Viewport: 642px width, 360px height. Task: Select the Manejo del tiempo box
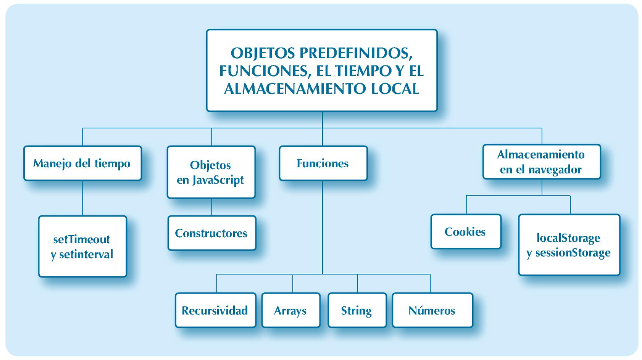click(x=82, y=163)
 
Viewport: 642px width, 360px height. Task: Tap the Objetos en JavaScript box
click(x=211, y=172)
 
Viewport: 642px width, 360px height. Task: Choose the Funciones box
click(x=323, y=163)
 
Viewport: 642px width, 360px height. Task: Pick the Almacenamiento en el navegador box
click(x=541, y=162)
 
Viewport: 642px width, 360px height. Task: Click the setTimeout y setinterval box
click(x=82, y=246)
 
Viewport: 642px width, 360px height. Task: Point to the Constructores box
click(x=211, y=233)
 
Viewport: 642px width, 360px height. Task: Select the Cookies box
click(x=465, y=231)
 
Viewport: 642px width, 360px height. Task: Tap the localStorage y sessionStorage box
click(x=569, y=245)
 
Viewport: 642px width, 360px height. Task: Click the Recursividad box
click(x=215, y=311)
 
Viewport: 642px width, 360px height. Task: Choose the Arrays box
click(x=290, y=311)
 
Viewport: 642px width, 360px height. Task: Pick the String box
click(x=357, y=311)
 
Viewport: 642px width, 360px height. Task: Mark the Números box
click(x=432, y=311)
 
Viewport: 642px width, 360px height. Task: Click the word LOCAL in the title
click(x=396, y=88)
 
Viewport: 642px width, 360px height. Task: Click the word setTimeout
click(x=82, y=239)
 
